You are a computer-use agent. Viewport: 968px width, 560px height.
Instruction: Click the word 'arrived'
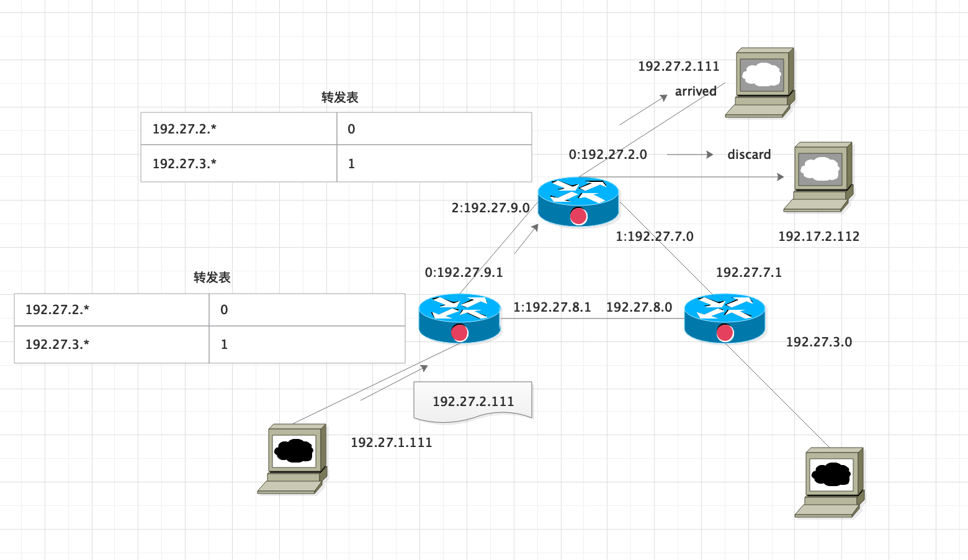point(696,91)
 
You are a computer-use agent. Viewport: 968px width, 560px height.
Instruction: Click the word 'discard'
point(749,155)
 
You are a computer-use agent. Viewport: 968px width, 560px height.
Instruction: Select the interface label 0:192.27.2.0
point(607,155)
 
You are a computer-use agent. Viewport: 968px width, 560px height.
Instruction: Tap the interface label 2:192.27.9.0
point(490,208)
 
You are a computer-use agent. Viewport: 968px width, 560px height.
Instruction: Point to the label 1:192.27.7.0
point(654,237)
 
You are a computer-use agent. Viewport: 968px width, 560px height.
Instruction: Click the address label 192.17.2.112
point(818,237)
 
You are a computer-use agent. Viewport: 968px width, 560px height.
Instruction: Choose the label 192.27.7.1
point(748,273)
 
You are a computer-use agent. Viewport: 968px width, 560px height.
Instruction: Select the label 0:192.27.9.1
point(464,273)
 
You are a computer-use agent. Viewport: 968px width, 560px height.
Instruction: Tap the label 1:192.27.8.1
point(552,307)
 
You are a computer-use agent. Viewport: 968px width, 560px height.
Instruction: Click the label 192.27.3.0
point(818,342)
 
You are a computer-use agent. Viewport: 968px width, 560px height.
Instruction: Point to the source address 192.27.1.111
point(391,443)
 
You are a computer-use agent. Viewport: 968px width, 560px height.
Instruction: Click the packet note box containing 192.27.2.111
point(473,402)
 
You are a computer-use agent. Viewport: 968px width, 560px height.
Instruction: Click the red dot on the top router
point(578,216)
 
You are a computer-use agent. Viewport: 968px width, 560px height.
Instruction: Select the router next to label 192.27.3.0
point(725,318)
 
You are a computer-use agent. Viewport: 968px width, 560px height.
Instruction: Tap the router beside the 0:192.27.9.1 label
point(459,318)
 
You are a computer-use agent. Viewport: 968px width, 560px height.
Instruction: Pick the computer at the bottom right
point(830,482)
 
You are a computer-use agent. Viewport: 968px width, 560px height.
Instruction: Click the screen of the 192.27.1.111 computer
point(294,451)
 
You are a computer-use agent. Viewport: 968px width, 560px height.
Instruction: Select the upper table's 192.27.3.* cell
point(239,164)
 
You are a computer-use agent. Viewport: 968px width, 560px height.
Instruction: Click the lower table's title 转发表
point(212,278)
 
